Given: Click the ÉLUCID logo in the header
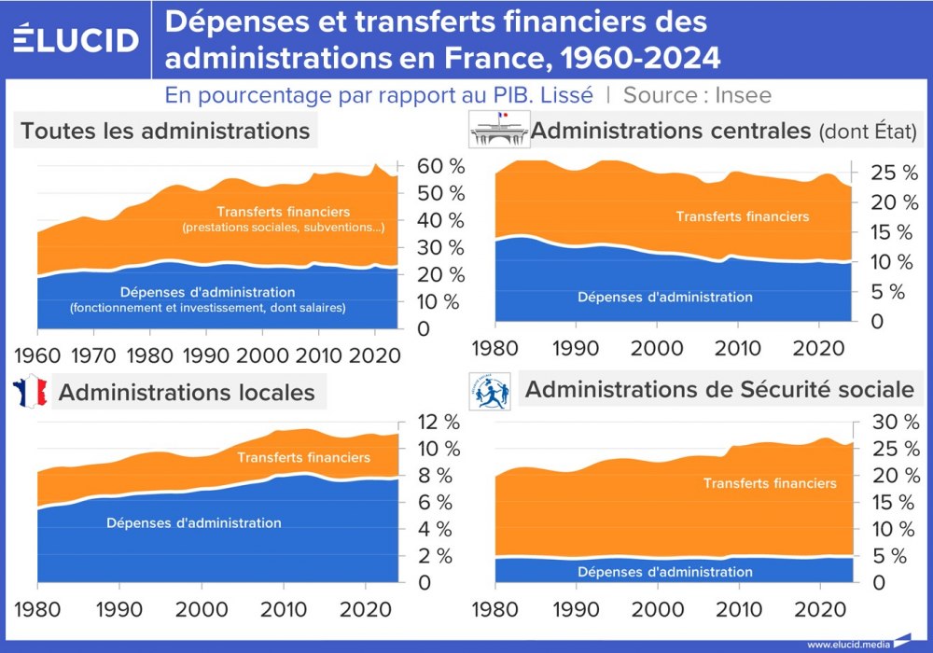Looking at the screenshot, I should point(77,40).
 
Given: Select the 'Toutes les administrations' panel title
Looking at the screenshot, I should point(165,131).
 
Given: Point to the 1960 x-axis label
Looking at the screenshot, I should point(37,355).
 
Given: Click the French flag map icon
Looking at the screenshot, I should point(29,391).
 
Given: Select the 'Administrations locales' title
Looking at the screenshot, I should point(187,392).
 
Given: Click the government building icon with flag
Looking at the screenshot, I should point(496,130).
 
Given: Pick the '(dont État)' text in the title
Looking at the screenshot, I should point(868,132).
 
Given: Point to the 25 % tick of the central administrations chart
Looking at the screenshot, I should point(881,173).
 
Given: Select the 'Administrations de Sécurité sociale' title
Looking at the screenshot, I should point(719,389).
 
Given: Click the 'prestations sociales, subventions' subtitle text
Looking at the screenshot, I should point(283,228).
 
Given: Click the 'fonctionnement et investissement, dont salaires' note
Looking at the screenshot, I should point(207,308).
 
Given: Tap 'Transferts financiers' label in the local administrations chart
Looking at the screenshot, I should point(303,457).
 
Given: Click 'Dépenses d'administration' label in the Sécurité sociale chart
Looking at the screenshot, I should point(664,572).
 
